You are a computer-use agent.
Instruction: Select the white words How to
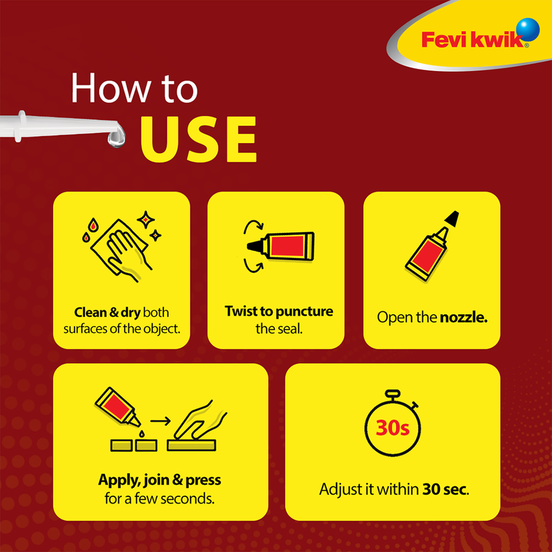[x=134, y=89]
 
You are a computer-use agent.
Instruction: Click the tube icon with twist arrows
[x=280, y=245]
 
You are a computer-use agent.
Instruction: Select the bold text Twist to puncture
[x=278, y=311]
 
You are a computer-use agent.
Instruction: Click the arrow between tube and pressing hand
[x=160, y=420]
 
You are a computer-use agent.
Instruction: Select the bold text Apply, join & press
[x=160, y=480]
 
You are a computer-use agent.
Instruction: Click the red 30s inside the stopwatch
[x=392, y=428]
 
